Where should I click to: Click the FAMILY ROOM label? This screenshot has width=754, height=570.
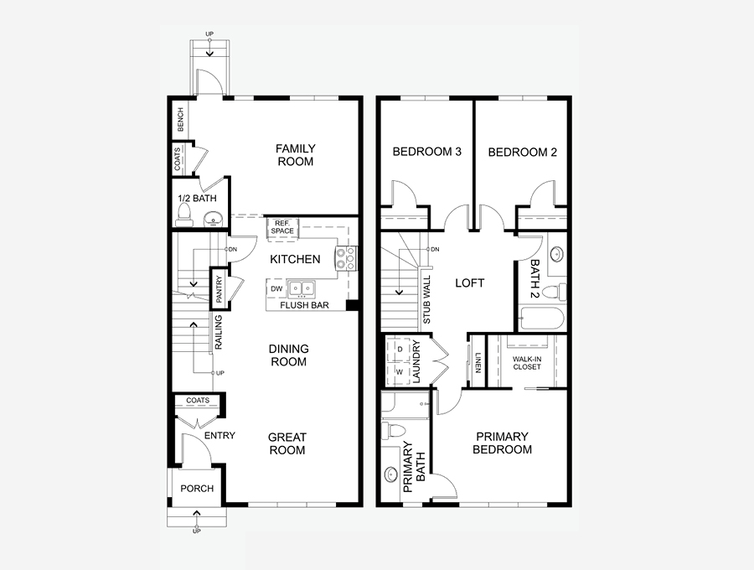295,155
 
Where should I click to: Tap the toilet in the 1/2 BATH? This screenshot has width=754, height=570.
183,215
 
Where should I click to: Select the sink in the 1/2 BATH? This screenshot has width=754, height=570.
213,219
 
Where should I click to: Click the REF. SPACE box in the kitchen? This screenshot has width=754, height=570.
283,227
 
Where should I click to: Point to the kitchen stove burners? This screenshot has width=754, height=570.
346,258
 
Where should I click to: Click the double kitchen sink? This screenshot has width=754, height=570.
302,288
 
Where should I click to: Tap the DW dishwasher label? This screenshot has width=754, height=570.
276,289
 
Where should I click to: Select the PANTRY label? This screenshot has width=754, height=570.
219,288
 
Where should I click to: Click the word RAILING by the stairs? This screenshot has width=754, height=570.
219,332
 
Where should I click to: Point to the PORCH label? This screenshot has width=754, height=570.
197,489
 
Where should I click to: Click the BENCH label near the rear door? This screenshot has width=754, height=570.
181,120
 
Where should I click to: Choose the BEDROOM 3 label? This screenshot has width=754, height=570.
427,152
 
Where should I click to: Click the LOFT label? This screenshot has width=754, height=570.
469,282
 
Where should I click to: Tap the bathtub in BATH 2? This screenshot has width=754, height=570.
541,318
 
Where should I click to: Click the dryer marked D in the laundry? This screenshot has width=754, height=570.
400,350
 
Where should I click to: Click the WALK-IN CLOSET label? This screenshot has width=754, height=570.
527,363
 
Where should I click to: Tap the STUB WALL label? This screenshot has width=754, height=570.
427,299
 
